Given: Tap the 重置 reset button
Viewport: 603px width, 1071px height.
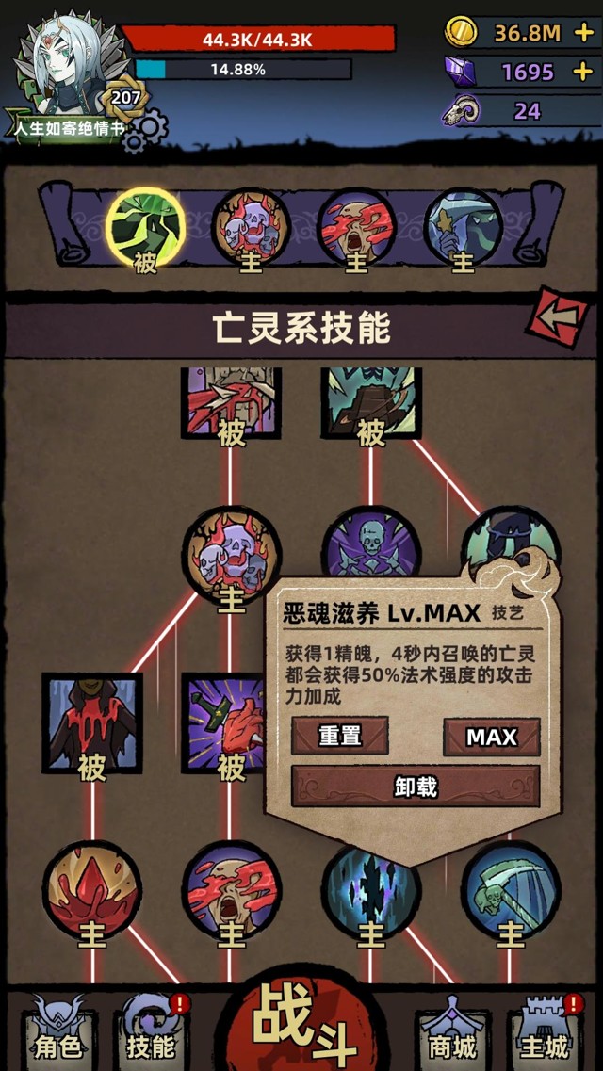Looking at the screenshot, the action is click(x=339, y=736).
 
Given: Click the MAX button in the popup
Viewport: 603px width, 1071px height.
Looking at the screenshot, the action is click(x=492, y=737).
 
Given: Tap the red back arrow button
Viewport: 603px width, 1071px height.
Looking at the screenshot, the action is click(x=562, y=316).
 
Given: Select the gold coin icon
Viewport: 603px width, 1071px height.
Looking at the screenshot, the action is click(x=461, y=32).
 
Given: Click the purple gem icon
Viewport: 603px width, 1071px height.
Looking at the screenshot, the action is click(x=460, y=71).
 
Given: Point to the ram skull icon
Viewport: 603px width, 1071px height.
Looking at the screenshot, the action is click(x=460, y=110).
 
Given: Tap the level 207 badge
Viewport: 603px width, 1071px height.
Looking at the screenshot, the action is click(x=125, y=98).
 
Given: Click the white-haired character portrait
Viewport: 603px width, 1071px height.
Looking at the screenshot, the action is click(x=68, y=65).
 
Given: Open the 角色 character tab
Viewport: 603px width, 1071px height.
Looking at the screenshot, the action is click(x=58, y=1032).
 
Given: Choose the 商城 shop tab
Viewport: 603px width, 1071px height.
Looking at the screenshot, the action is click(x=452, y=1032).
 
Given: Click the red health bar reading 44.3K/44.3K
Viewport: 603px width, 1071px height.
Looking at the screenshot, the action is click(x=257, y=39).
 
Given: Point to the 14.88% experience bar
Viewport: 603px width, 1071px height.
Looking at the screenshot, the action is click(x=243, y=69).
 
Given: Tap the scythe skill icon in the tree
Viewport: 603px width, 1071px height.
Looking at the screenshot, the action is click(x=511, y=890).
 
